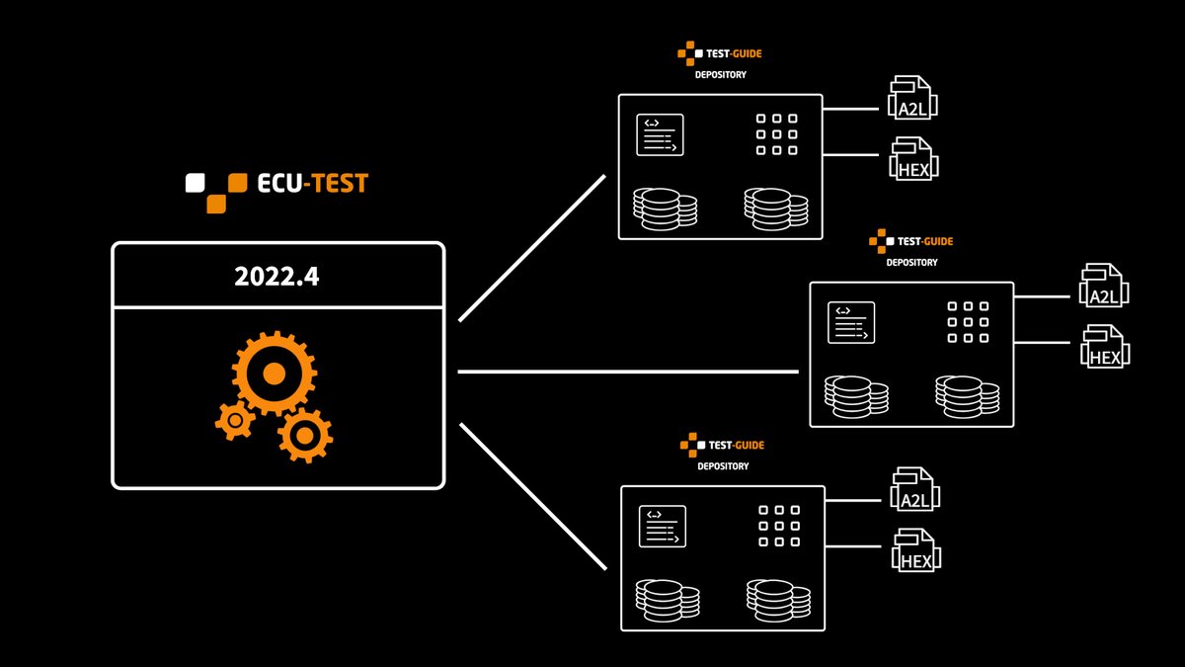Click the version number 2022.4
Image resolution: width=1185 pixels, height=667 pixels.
[x=276, y=277]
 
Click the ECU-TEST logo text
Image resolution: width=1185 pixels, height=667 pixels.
[x=307, y=184]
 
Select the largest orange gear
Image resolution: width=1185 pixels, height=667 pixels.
[x=274, y=373]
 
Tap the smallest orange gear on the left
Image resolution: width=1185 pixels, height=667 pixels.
[x=235, y=421]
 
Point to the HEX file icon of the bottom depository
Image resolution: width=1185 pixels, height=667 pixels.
[x=916, y=550]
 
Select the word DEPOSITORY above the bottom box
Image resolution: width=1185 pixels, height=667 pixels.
[x=723, y=466]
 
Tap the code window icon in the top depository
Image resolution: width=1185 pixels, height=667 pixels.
[x=661, y=135]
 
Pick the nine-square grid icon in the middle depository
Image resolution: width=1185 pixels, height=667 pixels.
[x=968, y=322]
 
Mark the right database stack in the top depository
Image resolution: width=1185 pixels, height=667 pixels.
[x=776, y=208]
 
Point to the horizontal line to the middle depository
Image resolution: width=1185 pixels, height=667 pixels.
[x=628, y=373]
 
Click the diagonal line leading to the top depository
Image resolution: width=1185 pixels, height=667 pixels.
[x=531, y=249]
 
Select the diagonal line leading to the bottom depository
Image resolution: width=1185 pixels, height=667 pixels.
[x=531, y=497]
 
